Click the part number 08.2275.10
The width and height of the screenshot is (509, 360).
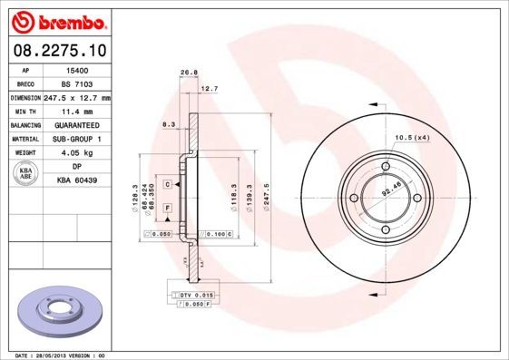(x=59, y=51)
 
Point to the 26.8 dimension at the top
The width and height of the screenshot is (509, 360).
(x=189, y=72)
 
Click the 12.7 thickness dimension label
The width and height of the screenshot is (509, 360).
(x=209, y=89)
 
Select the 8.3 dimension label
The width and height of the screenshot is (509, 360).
(x=169, y=123)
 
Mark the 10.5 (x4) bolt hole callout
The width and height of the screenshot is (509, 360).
(x=411, y=137)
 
